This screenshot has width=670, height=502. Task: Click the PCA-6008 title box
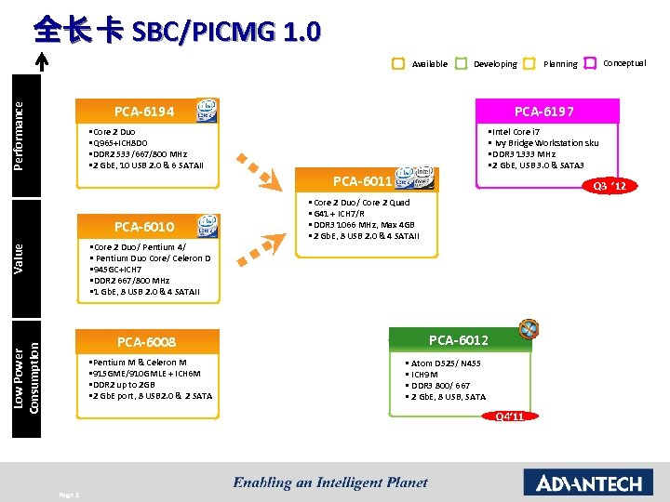click(x=147, y=342)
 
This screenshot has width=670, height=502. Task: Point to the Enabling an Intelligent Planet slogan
click(x=330, y=482)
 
